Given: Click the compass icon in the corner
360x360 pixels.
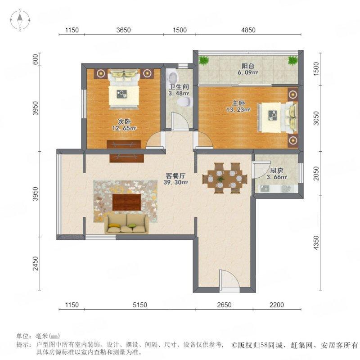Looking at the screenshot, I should tap(20, 20).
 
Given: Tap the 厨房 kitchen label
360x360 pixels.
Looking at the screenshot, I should tap(276, 171).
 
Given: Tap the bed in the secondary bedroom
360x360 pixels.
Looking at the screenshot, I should tap(123, 88).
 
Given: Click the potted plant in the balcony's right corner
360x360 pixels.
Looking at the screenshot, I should tap(293, 60).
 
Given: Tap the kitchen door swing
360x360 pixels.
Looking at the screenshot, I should tap(260, 169).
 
